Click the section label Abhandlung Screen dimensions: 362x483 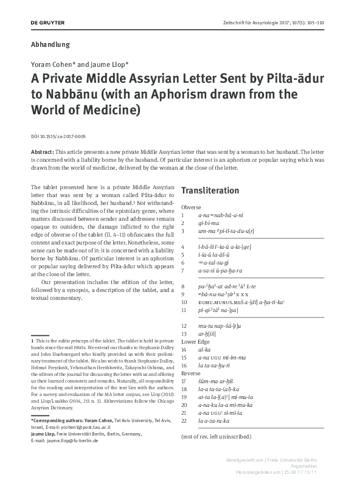(x=50, y=44)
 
